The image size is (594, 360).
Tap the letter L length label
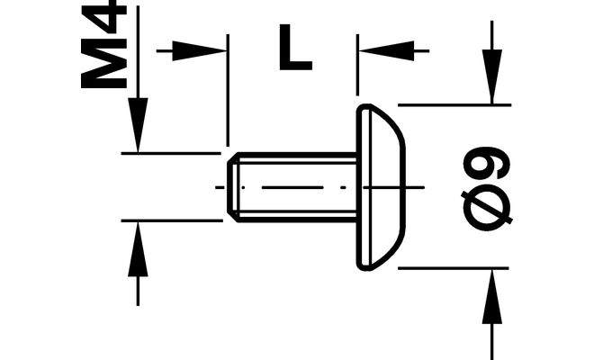pyautogui.click(x=294, y=49)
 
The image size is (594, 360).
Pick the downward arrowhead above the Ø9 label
pyautogui.click(x=491, y=81)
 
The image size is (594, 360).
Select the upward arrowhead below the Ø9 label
pyautogui.click(x=491, y=292)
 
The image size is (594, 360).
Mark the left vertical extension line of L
pyautogui.click(x=227, y=90)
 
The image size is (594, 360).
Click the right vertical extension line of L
pyautogui.click(x=357, y=72)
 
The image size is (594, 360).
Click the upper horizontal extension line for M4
pyautogui.click(x=171, y=153)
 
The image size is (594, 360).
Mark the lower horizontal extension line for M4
pyautogui.click(x=171, y=220)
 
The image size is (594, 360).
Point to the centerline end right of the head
pyautogui.click(x=419, y=187)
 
